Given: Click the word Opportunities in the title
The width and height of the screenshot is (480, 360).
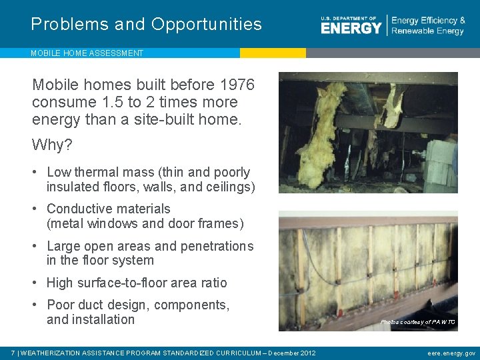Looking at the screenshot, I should tap(207, 25).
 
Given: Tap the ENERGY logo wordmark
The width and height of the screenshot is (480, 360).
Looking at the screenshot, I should tap(351, 27).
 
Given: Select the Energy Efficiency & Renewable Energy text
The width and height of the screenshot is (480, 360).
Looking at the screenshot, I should tap(428, 26).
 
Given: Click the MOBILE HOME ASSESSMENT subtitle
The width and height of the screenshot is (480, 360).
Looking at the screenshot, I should tap(87, 53).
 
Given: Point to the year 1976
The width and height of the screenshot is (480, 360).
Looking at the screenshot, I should tap(237, 85).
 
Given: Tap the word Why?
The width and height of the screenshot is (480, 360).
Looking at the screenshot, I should tap(52, 145).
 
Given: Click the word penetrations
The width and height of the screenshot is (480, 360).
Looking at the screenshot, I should tap(214, 246).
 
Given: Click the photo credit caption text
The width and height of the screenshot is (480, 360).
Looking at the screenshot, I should tap(417, 322).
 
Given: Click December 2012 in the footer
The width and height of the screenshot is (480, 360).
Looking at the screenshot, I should tap(291, 353).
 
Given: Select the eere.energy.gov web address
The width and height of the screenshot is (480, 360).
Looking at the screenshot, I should tap(451, 353).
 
